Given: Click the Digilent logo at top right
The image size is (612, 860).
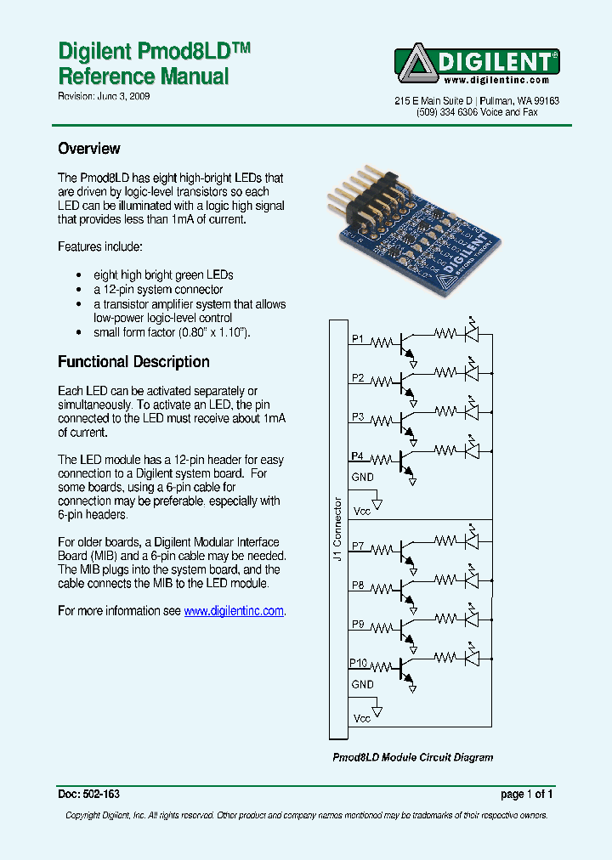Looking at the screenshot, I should coord(477,65).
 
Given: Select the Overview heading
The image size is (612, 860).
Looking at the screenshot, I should coord(88,149).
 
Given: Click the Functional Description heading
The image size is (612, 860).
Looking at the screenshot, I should coord(133,362).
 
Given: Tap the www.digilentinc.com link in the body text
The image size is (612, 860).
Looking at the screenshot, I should coord(234,611).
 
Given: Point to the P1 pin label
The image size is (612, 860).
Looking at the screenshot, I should coord(358,339).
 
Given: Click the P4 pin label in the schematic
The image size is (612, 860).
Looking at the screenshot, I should coord(358,456).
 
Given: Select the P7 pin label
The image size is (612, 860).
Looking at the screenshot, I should coord(358,546).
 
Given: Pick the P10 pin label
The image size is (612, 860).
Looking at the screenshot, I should coord(359,663).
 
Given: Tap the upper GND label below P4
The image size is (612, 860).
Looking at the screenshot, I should coord(362,478).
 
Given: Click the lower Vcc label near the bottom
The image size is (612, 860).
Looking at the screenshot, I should coord(362,719).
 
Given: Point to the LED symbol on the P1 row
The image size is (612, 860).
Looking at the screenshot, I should coord(472,333).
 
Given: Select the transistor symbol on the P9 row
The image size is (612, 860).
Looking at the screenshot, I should coord(407,628).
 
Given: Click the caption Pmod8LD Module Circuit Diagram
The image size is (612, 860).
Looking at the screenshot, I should coord(412,757).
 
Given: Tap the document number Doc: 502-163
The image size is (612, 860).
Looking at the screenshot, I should coord(88,795).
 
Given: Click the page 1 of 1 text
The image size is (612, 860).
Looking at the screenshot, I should coord(527,795).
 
